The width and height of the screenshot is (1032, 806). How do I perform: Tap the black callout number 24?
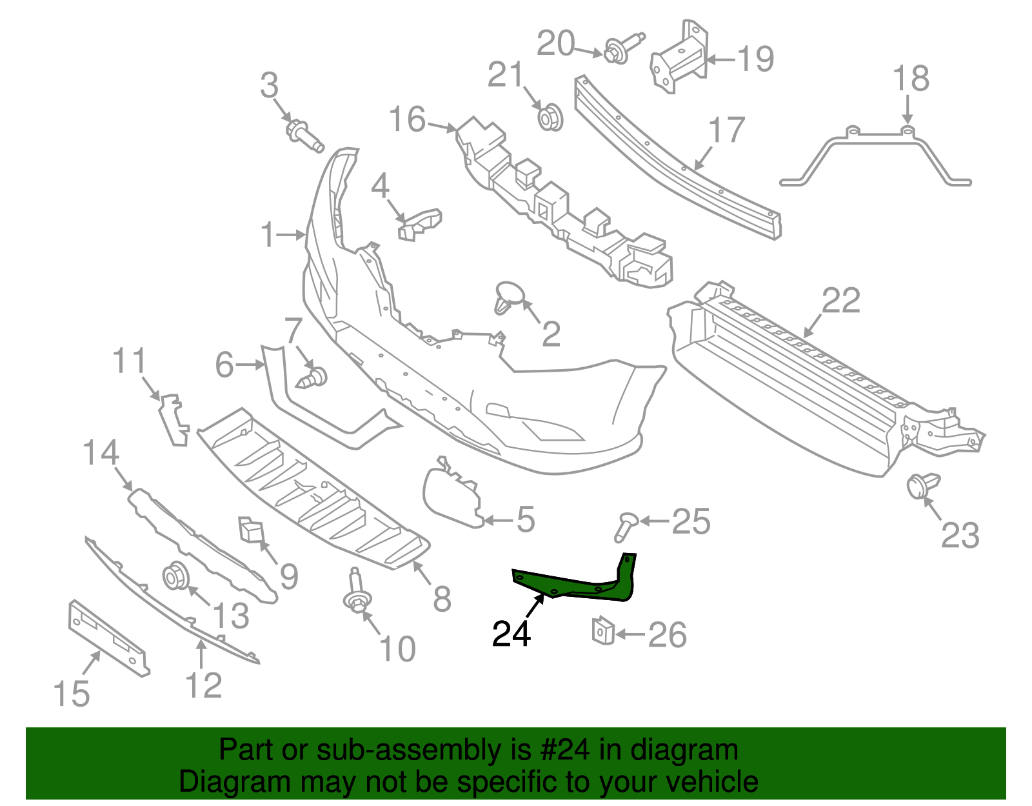tap(511, 634)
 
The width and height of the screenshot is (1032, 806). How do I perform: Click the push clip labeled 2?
tap(508, 297)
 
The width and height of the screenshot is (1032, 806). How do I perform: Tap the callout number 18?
tap(911, 79)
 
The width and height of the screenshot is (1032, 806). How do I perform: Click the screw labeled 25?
tap(624, 526)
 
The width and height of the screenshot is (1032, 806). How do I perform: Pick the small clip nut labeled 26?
tap(602, 630)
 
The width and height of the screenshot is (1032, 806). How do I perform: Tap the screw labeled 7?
tap(315, 378)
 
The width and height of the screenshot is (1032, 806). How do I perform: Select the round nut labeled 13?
tap(175, 576)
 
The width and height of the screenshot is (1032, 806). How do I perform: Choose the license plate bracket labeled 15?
tap(108, 637)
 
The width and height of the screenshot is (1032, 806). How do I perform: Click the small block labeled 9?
tap(250, 529)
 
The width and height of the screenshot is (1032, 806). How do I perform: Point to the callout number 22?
tap(841, 301)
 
